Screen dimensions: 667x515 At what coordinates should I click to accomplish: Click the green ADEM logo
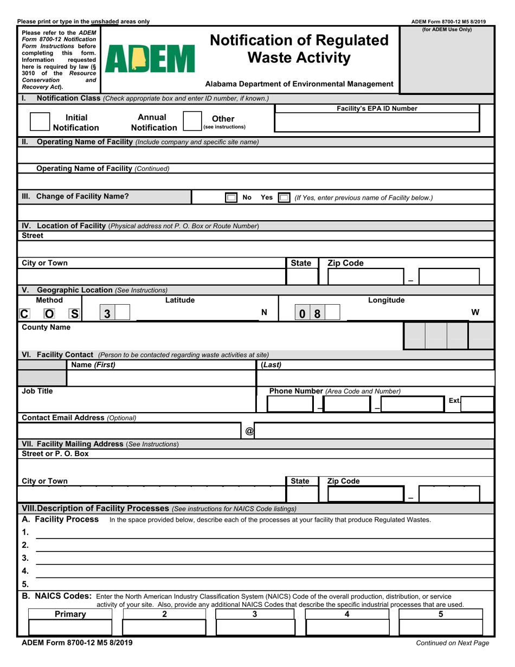pos(150,59)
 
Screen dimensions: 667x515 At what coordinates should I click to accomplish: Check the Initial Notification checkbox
pos(40,122)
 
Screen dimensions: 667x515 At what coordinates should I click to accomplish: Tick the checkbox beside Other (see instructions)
pos(192,121)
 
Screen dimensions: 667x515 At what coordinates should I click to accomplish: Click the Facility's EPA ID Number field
pos(377,123)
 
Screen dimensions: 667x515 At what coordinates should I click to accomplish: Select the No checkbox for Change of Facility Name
pos(231,198)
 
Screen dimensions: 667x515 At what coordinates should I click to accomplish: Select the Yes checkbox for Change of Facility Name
pos(283,198)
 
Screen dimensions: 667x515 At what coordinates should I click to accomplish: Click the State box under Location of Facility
pos(301,277)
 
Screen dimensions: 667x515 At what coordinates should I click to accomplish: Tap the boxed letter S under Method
pos(74,313)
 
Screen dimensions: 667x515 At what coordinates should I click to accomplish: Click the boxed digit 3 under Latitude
pos(107,313)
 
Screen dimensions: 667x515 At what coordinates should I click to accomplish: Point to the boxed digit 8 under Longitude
pos(317,313)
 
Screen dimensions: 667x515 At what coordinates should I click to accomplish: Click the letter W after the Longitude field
pos(475,312)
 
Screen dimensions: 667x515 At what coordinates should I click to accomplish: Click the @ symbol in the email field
pos(249,431)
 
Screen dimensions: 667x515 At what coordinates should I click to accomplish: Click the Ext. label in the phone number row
pos(454,400)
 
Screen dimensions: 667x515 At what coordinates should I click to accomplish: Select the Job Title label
pos(37,390)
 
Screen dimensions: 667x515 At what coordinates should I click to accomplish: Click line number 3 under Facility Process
pos(25,558)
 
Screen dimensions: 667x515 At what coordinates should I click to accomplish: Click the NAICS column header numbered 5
pos(440,614)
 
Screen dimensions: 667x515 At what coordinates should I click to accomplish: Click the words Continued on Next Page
pos(452,643)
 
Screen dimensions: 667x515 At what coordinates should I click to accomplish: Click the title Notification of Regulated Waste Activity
pos(299,49)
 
